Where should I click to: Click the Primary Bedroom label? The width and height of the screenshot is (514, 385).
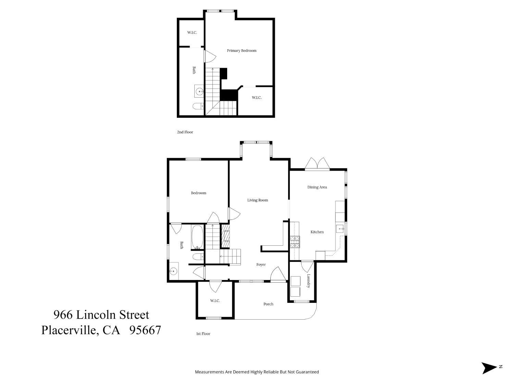tap(242, 51)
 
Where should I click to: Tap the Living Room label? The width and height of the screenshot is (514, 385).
tap(258, 200)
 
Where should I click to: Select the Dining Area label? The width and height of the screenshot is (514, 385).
tap(317, 187)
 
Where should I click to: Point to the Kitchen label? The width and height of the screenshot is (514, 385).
tap(317, 232)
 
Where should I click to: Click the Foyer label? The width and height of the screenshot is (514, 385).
tap(261, 265)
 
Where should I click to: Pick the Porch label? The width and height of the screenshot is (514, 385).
tap(268, 304)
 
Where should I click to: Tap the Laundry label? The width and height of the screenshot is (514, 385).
tap(308, 281)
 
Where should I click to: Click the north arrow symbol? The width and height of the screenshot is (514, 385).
tap(489, 368)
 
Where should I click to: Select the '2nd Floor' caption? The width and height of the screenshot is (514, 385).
tap(185, 132)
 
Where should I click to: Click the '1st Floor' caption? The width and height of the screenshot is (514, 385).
tap(203, 334)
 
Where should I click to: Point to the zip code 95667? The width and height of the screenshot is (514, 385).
tap(145, 330)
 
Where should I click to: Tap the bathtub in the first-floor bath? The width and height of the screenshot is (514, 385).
tap(197, 236)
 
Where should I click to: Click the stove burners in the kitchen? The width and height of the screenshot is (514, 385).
tap(295, 242)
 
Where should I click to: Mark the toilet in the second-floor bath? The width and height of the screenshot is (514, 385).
tap(198, 106)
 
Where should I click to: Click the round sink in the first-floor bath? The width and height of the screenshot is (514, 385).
tap(174, 272)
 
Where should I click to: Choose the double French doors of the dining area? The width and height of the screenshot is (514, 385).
tap(317, 164)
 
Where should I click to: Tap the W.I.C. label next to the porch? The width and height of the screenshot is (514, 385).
tap(215, 300)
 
